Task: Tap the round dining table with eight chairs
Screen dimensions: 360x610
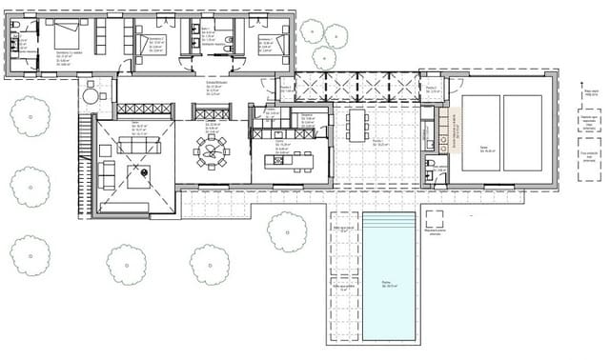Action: (x=211, y=151)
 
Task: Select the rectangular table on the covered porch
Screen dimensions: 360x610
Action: (x=357, y=125)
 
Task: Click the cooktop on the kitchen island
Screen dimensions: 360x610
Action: (x=279, y=159)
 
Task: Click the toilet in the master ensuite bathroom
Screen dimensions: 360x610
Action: (x=15, y=45)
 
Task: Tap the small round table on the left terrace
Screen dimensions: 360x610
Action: (x=91, y=95)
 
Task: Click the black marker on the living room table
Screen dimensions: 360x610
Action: (x=143, y=172)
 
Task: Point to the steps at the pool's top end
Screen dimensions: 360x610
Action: (x=390, y=221)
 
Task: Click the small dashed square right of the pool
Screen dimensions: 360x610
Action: (x=435, y=217)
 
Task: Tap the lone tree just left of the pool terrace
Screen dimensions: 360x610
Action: (x=287, y=231)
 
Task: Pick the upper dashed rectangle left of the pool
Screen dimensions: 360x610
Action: (x=343, y=239)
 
